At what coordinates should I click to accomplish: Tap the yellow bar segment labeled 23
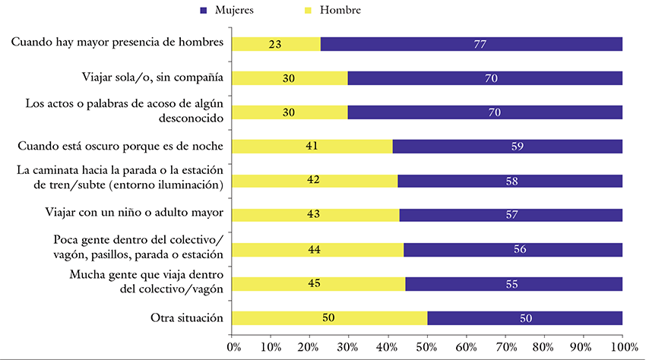[276, 44]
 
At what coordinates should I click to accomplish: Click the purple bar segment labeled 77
[471, 44]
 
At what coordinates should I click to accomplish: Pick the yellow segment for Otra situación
[329, 317]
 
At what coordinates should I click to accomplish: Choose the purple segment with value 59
[508, 147]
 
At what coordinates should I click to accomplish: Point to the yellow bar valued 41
[312, 147]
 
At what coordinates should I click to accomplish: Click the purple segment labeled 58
[509, 181]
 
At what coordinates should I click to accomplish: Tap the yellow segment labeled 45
[318, 283]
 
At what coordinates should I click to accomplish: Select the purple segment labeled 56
[513, 249]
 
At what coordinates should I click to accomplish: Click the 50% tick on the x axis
[428, 346]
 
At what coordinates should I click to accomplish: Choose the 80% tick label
[544, 346]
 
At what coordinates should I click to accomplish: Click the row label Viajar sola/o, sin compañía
[152, 77]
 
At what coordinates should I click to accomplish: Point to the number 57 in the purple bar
[511, 215]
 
